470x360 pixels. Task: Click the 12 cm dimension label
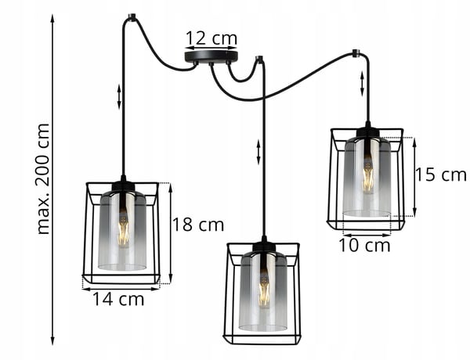click(x=211, y=38)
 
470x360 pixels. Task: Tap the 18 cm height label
click(x=198, y=225)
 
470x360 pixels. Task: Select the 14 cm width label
click(x=118, y=299)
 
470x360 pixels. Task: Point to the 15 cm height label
click(x=440, y=175)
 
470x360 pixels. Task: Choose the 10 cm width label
click(x=364, y=246)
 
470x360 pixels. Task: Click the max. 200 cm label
click(x=42, y=178)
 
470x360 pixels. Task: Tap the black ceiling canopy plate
click(x=211, y=57)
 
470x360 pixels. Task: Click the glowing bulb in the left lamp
click(x=123, y=229)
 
